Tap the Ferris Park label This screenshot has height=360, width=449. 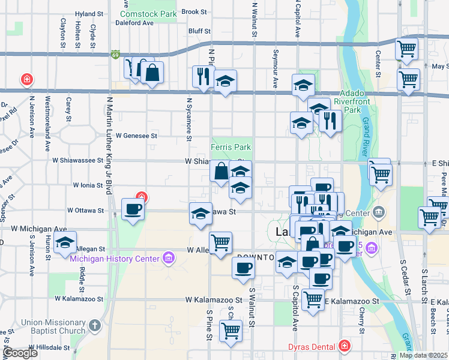[231, 147]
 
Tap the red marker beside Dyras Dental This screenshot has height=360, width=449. [344, 346]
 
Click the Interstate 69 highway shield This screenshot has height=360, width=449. [115, 54]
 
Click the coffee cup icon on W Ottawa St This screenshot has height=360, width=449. [133, 210]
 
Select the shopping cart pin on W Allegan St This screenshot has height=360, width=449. [221, 243]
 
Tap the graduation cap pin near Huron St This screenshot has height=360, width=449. [65, 244]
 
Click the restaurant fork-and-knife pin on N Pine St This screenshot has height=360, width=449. [202, 76]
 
